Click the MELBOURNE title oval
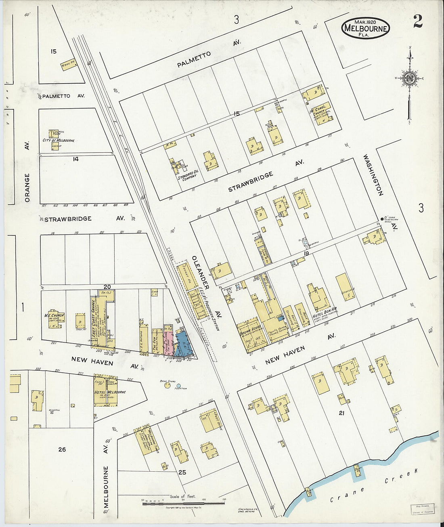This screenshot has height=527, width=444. [365, 27]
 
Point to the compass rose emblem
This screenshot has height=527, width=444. [410, 78]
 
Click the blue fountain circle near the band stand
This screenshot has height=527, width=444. [178, 386]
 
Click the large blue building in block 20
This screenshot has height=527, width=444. [182, 344]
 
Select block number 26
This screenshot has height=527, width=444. [62, 449]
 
